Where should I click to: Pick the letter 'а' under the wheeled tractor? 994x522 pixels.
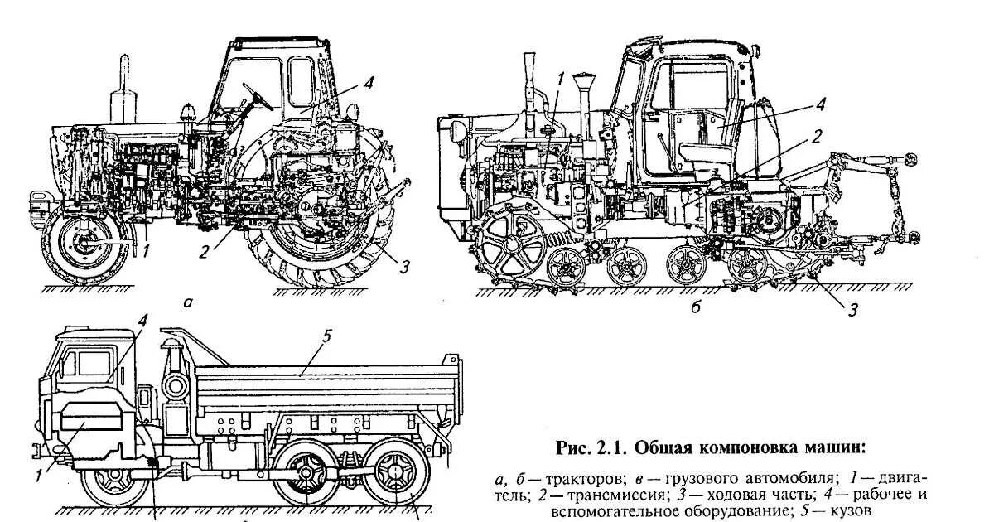coord(188,303)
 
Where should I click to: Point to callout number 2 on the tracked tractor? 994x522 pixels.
coord(816,137)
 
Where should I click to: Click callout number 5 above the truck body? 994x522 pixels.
coord(326,336)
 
